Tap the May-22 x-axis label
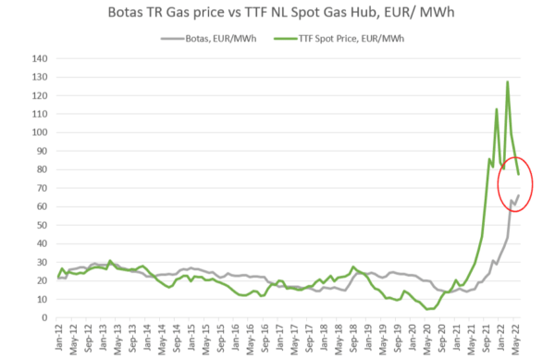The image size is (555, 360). (514, 337)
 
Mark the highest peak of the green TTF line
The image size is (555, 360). (508, 82)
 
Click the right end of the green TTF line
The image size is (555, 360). (519, 174)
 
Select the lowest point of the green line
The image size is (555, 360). (429, 309)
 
